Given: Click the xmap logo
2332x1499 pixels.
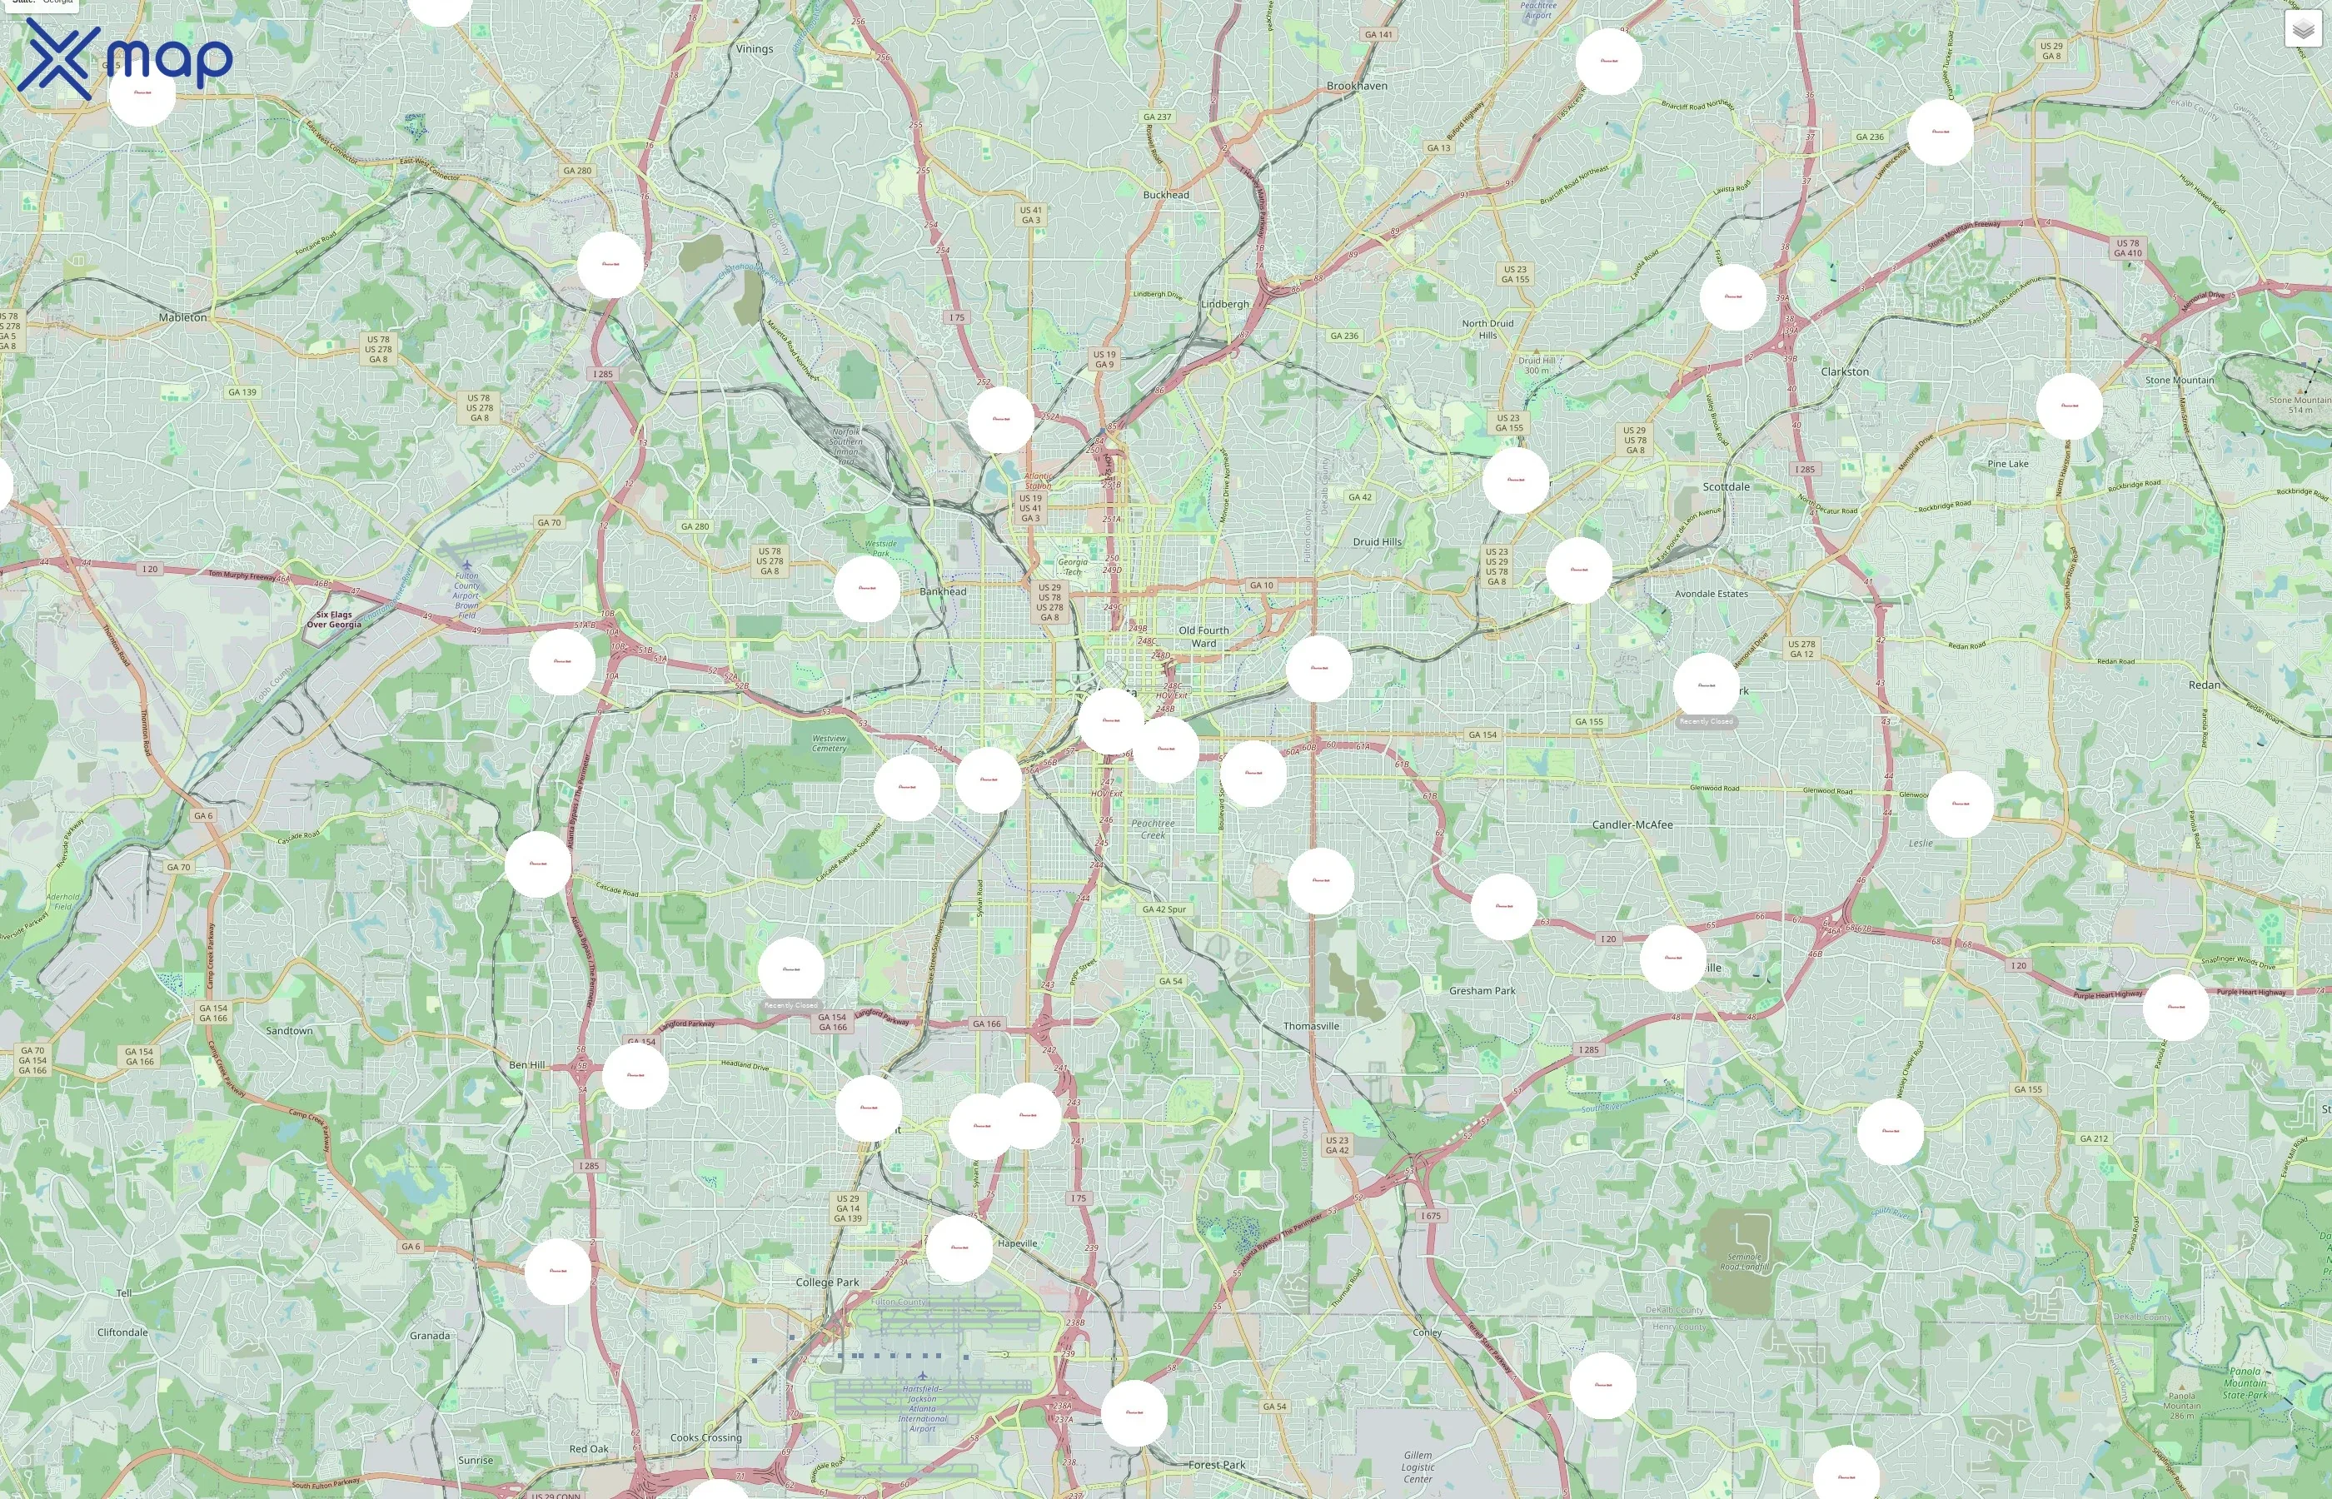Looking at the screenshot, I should pos(125,58).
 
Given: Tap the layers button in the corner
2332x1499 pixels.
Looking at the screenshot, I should pos(2302,29).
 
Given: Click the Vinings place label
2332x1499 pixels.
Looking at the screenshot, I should pos(755,48).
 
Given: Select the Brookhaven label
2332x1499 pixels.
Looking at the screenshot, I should pos(1357,86).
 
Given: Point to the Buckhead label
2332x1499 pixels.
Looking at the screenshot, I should pos(1166,195).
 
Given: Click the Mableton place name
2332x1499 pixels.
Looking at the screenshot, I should pos(183,317).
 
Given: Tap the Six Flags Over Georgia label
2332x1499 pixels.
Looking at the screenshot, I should pos(334,619).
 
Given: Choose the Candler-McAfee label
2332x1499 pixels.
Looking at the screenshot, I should pos(1632,824).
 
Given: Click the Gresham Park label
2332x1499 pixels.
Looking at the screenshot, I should pos(1482,991).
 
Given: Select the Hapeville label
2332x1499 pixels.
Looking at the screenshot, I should pos(1017,1243).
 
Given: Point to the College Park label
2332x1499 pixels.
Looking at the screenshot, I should pos(827,1282).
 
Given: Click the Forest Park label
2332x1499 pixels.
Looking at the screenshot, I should pos(1217,1464).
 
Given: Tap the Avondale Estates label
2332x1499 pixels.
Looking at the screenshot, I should pos(1711,594).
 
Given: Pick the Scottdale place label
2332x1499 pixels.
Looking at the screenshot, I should pos(1726,486).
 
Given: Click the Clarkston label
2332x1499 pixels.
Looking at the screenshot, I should pos(1845,371).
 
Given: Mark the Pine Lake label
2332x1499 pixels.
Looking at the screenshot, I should pos(2007,463).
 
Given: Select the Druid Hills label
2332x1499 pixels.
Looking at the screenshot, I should pos(1378,542).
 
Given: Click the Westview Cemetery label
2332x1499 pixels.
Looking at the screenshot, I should pos(830,743).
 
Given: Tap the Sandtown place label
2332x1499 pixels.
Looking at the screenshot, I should pos(289,1030).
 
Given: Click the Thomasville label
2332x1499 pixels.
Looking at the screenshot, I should pos(1311,1026).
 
